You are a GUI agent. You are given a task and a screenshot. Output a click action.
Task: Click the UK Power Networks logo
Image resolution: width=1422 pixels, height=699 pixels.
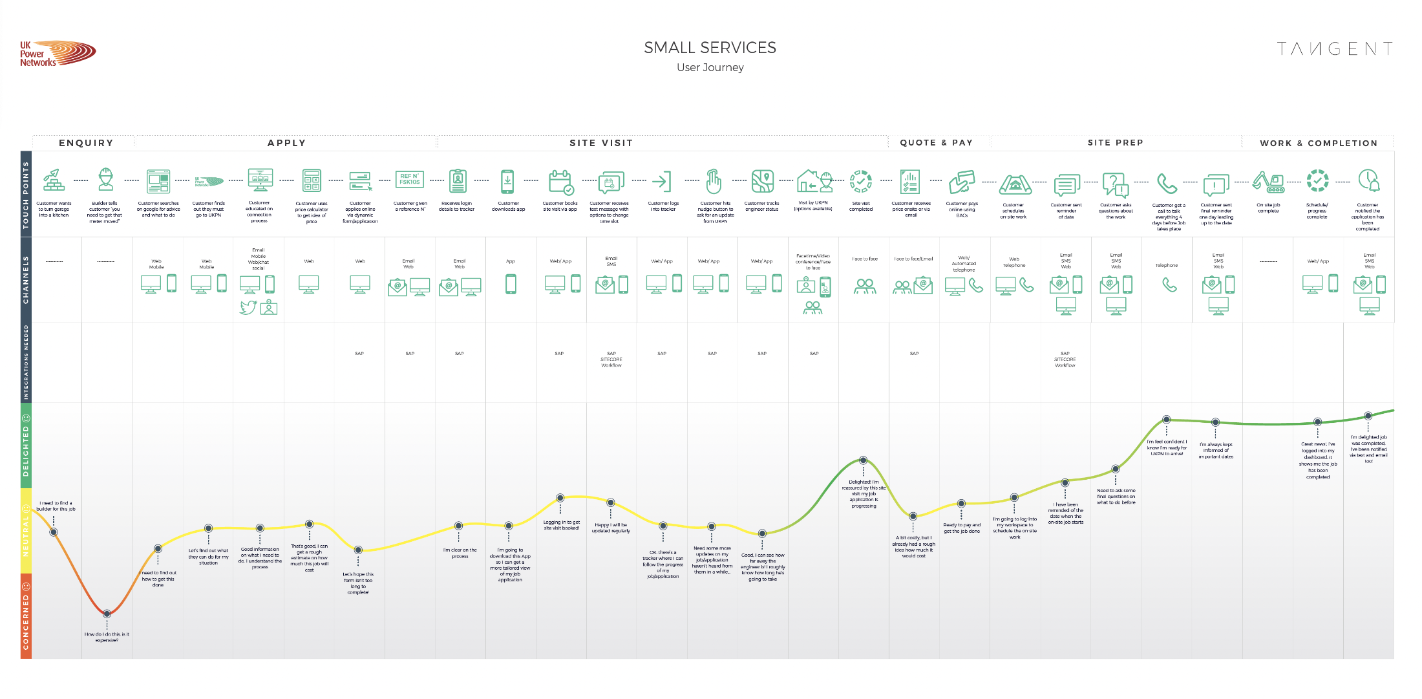click(57, 54)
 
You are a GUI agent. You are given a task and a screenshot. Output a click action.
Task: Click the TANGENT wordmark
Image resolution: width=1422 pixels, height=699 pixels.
click(1334, 49)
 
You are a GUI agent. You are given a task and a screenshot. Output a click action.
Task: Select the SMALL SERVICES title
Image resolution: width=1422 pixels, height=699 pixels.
click(710, 48)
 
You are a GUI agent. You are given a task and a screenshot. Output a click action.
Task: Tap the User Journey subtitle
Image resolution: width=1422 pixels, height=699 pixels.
click(710, 68)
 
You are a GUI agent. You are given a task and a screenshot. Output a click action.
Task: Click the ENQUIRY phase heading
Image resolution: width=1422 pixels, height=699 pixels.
click(86, 143)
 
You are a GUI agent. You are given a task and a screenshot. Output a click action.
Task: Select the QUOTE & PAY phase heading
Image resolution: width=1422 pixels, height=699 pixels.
click(936, 143)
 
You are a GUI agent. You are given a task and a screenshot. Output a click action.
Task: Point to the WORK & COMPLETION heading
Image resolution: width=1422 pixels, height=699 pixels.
click(1318, 144)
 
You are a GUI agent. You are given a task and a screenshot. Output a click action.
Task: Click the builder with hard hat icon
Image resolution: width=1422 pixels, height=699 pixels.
click(105, 179)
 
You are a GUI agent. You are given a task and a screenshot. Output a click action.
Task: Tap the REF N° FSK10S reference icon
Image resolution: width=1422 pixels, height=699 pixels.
click(409, 179)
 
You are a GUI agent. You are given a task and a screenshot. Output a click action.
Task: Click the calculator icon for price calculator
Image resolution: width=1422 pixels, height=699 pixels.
click(312, 180)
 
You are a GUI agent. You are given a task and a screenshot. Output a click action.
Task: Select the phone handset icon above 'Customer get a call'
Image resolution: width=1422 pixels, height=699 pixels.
click(1167, 184)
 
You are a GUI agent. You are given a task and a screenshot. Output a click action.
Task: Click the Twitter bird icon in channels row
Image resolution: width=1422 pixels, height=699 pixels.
click(248, 307)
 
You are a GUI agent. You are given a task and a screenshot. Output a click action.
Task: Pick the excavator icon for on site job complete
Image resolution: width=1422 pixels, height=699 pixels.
click(1268, 182)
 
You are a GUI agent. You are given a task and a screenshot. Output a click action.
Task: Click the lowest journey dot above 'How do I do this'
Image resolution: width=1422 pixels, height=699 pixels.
click(107, 614)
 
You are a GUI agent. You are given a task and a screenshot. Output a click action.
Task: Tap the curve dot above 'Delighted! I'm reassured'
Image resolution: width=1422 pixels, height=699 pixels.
click(863, 460)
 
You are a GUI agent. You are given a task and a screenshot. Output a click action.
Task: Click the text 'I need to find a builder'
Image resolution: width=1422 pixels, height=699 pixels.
click(56, 506)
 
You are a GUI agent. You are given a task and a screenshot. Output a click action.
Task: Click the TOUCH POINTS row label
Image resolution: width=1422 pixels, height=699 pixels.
click(26, 195)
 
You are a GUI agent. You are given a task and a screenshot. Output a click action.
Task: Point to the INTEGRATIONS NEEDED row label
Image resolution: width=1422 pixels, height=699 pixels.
click(26, 362)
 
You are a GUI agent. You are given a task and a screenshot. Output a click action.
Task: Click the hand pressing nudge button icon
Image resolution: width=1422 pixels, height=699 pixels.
click(713, 182)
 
